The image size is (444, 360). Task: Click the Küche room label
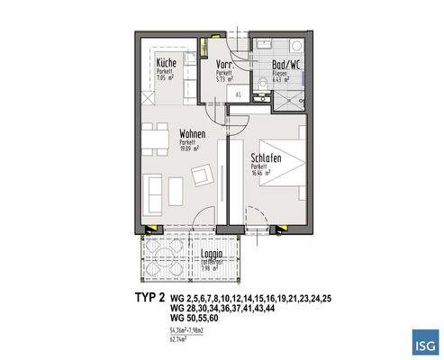166,63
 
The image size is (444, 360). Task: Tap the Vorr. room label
226,64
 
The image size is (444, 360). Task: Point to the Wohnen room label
193,134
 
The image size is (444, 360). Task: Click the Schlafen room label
267,158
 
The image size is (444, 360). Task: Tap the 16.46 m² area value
261,175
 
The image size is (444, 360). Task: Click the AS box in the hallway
239,94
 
